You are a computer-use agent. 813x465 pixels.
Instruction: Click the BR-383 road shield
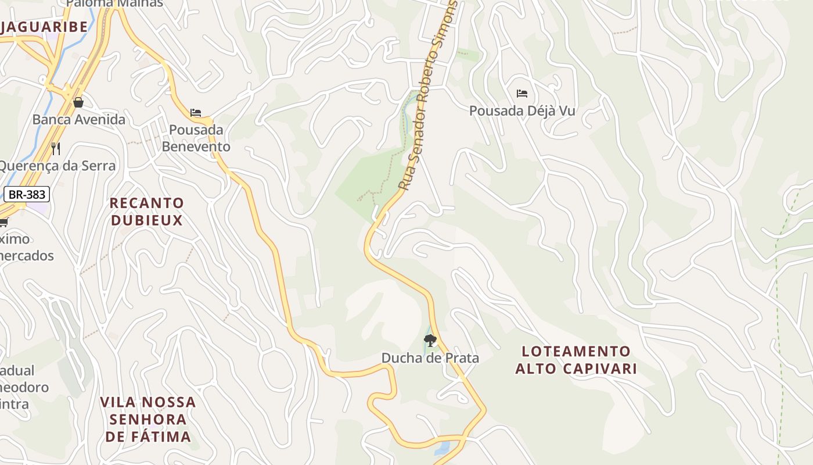coord(27,194)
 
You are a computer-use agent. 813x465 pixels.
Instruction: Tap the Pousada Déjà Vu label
coord(521,110)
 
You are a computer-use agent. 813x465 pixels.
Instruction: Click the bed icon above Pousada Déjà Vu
coord(521,93)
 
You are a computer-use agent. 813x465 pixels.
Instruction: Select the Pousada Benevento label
coord(196,138)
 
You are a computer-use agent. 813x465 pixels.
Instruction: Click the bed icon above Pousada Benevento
coord(196,112)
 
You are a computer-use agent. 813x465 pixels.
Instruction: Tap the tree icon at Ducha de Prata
coord(430,341)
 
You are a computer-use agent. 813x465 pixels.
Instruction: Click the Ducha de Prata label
coord(430,357)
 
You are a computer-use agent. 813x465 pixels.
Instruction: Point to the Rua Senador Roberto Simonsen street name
coord(429,96)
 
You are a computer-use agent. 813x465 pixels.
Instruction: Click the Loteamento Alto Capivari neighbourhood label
coord(576,360)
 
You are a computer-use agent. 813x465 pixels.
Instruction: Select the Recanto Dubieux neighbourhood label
coord(147,212)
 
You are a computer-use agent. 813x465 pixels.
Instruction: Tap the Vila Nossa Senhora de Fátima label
coord(148,419)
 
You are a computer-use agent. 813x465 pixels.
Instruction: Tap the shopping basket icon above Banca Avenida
coord(78,102)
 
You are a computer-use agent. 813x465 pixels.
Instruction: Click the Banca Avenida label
coord(78,120)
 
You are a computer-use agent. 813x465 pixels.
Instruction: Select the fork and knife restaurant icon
coord(56,148)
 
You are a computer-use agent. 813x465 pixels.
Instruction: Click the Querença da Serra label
coord(57,166)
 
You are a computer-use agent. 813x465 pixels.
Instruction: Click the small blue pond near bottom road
coord(442,448)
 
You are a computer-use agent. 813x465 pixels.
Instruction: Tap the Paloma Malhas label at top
coord(114,3)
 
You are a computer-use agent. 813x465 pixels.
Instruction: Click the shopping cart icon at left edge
coord(3,222)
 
